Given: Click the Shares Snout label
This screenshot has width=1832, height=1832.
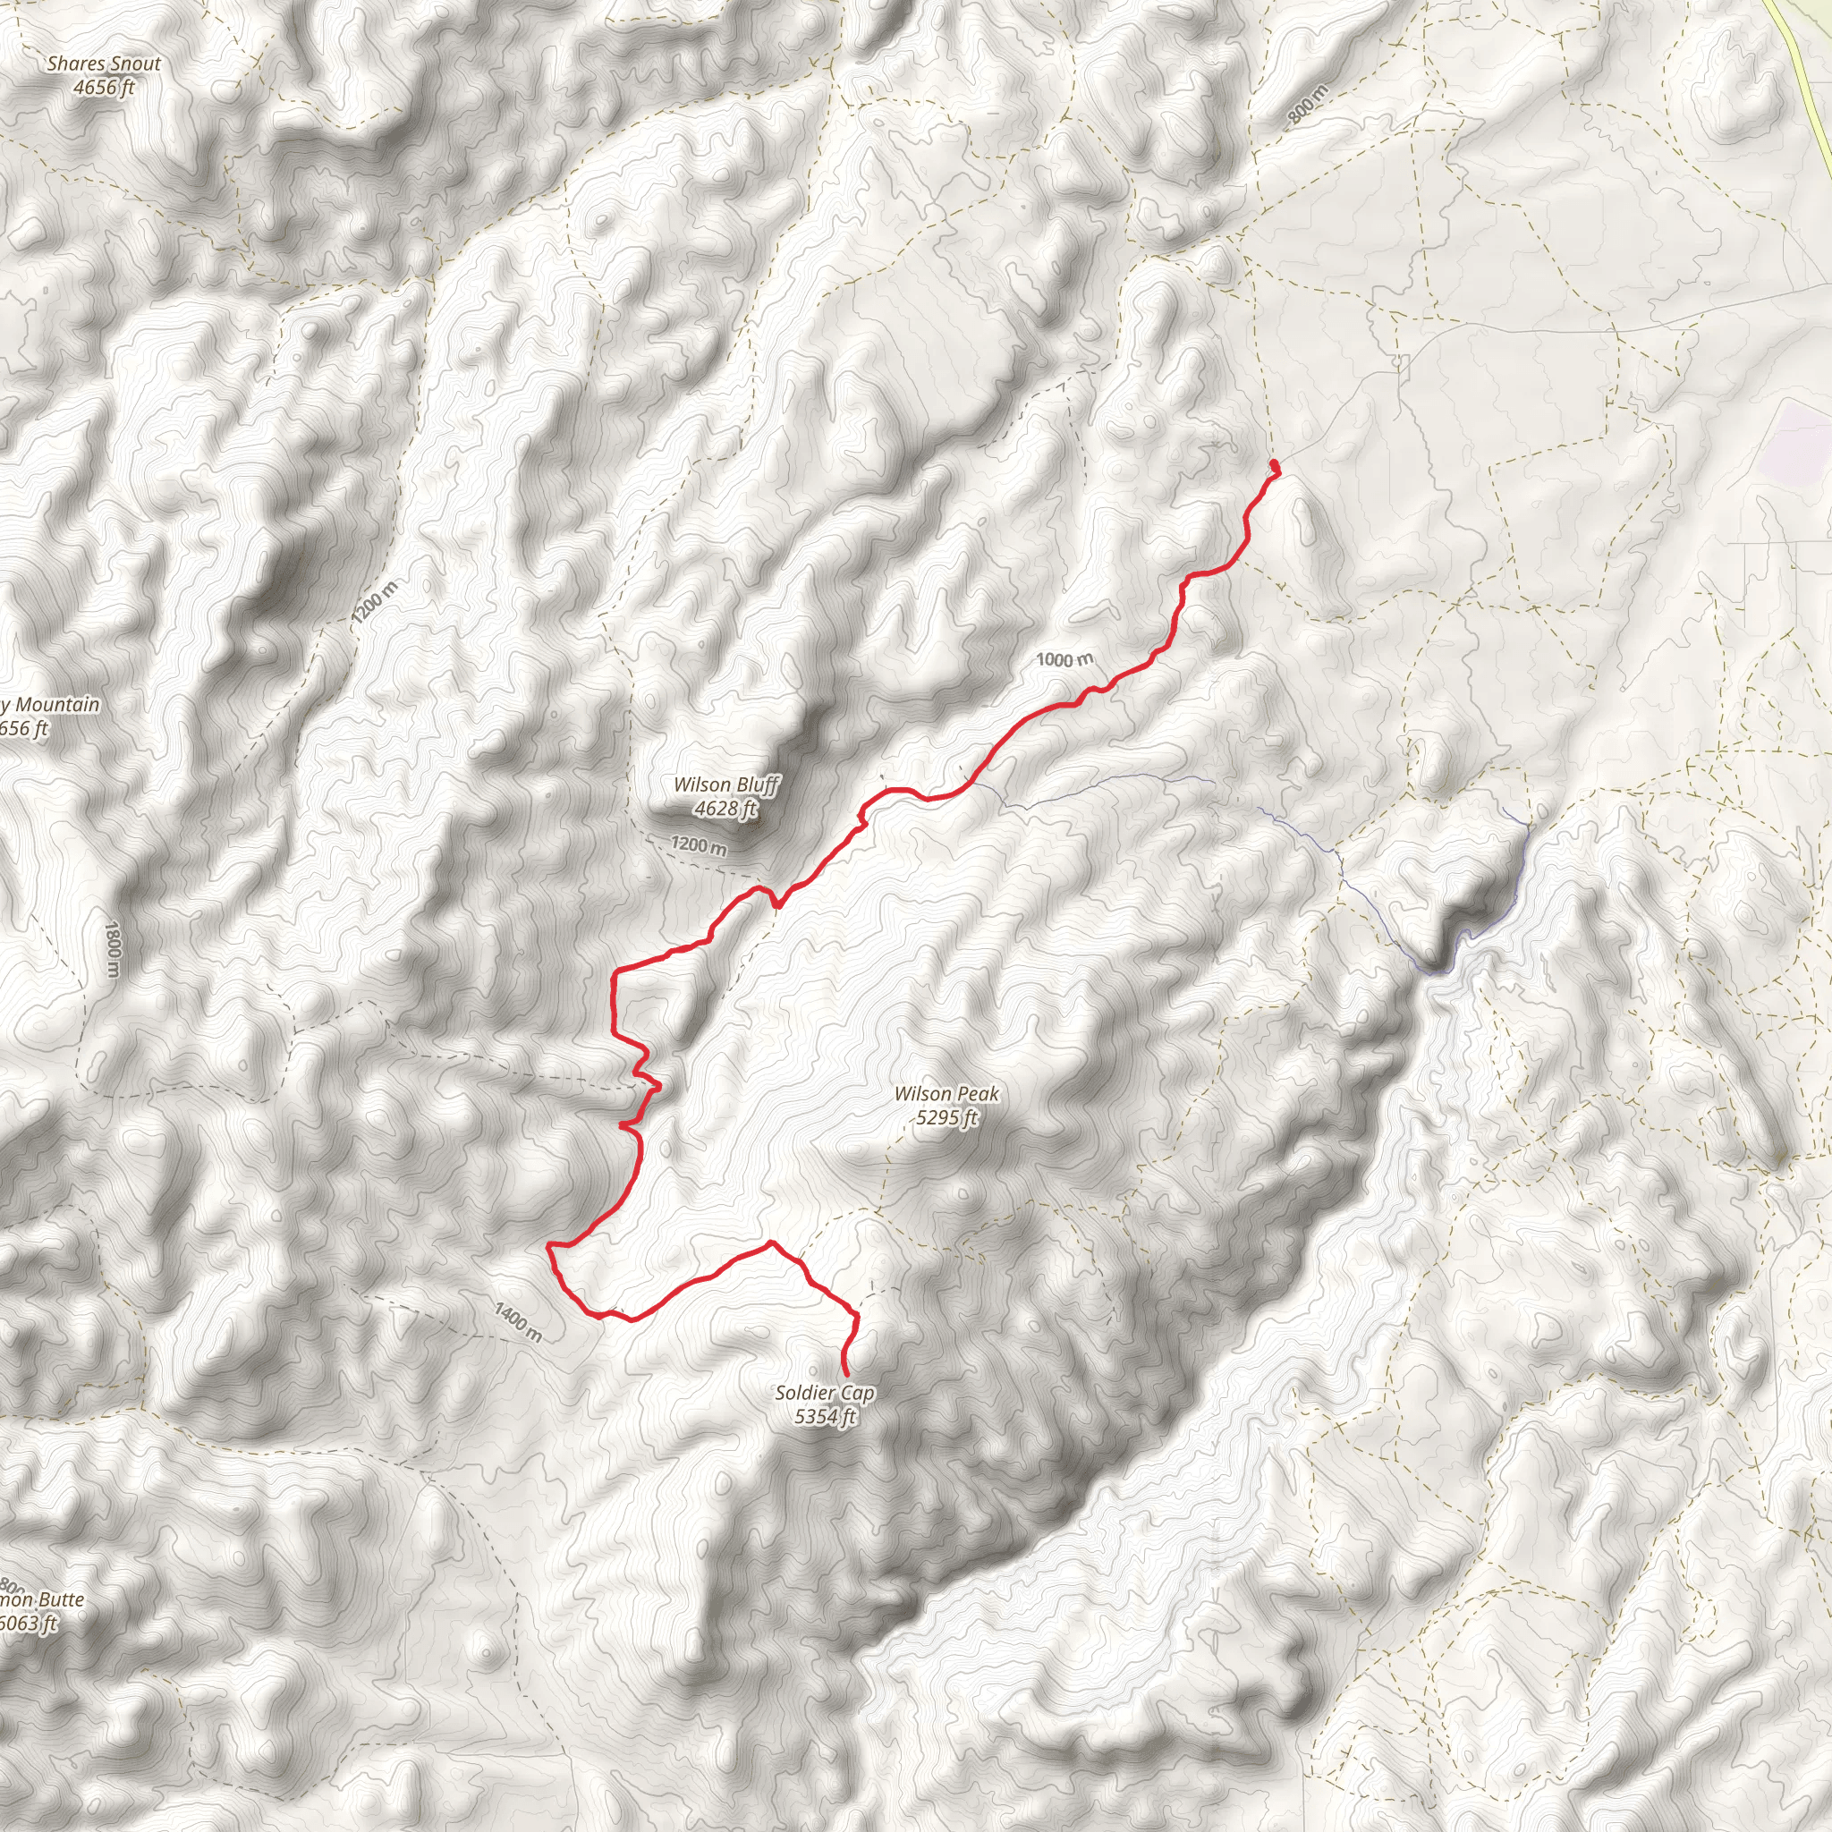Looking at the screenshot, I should [104, 64].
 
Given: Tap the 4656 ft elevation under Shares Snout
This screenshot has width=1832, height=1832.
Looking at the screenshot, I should [104, 89].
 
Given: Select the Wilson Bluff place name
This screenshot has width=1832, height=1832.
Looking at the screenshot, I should [725, 785].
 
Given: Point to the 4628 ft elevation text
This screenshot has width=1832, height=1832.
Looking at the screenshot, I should [725, 809].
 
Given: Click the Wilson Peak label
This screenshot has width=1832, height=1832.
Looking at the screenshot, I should [946, 1094].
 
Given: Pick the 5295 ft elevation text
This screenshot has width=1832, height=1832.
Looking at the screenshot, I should [946, 1118].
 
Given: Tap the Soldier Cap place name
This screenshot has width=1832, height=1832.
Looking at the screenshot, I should [824, 1393].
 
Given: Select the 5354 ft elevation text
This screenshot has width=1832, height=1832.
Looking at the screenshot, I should [825, 1417].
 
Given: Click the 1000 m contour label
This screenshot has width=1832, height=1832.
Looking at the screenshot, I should [1064, 659].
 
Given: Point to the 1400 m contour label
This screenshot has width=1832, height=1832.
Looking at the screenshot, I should [518, 1322].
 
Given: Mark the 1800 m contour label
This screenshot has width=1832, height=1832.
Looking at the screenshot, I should [113, 949].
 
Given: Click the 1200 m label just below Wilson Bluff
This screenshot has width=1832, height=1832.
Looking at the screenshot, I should [699, 844].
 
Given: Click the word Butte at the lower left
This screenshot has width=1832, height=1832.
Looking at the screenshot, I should [61, 1599].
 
